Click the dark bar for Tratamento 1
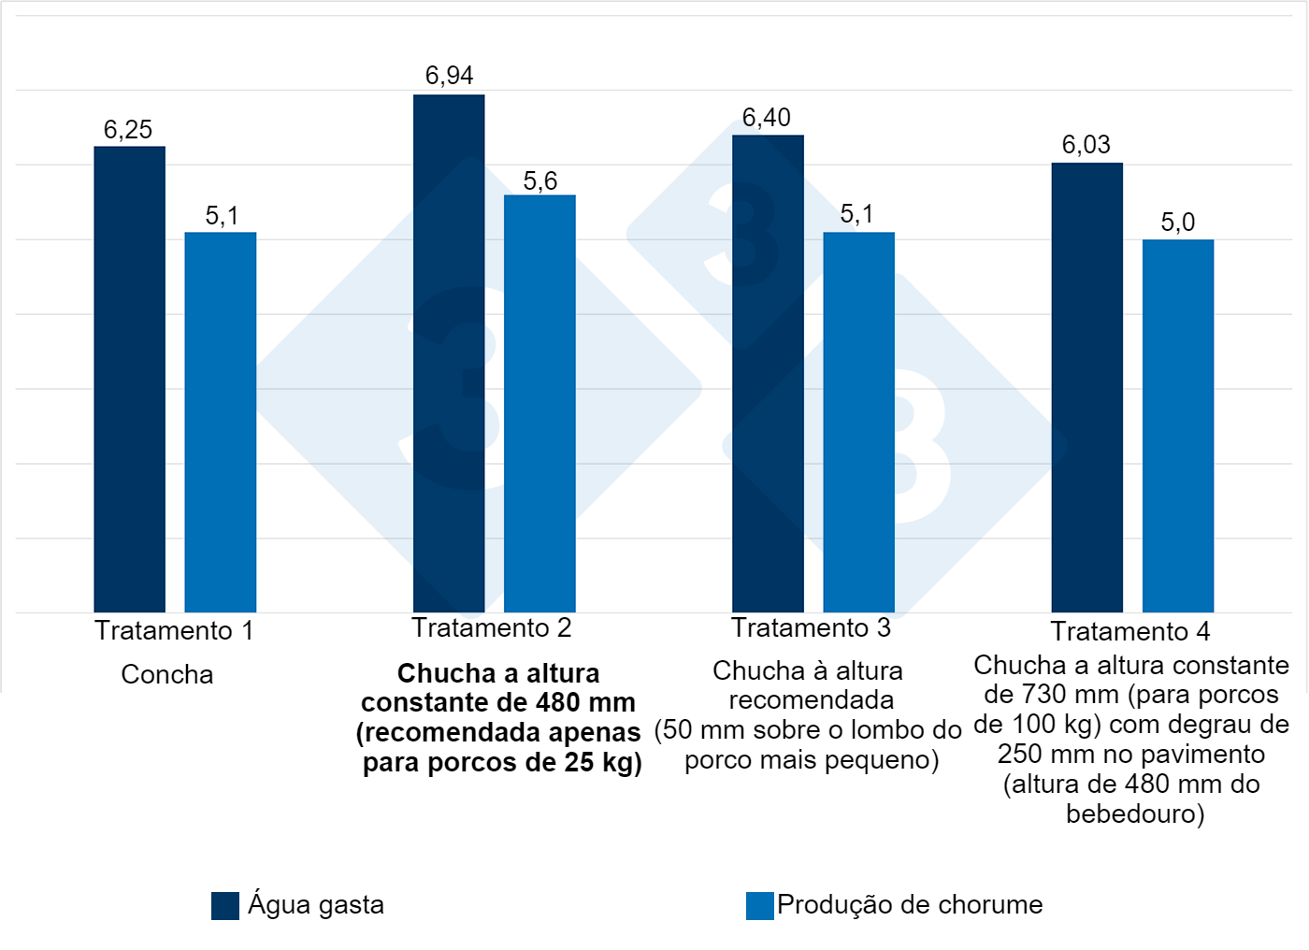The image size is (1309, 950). click(x=129, y=379)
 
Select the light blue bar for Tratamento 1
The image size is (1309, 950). click(x=220, y=422)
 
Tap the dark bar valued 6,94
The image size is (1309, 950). click(x=449, y=353)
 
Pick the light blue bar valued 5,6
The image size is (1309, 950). click(x=539, y=403)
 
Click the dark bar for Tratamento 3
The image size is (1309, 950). click(x=768, y=373)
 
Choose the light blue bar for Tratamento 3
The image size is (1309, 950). click(x=858, y=422)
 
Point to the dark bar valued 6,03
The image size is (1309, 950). click(x=1086, y=387)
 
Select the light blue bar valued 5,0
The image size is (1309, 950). click(x=1177, y=425)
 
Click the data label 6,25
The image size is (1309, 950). click(x=128, y=130)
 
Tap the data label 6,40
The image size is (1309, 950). click(x=766, y=118)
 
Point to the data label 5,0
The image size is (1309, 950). click(x=1177, y=223)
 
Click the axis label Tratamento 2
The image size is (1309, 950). click(x=491, y=628)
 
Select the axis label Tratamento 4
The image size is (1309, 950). click(x=1129, y=632)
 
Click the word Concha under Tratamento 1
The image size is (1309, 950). click(x=167, y=675)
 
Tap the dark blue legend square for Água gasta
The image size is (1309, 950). click(x=224, y=906)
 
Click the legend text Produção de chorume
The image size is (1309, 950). click(x=909, y=905)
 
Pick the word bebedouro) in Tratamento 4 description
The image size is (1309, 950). click(x=1134, y=814)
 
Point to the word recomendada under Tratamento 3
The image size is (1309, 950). click(x=811, y=700)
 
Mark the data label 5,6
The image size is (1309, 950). click(x=539, y=181)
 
